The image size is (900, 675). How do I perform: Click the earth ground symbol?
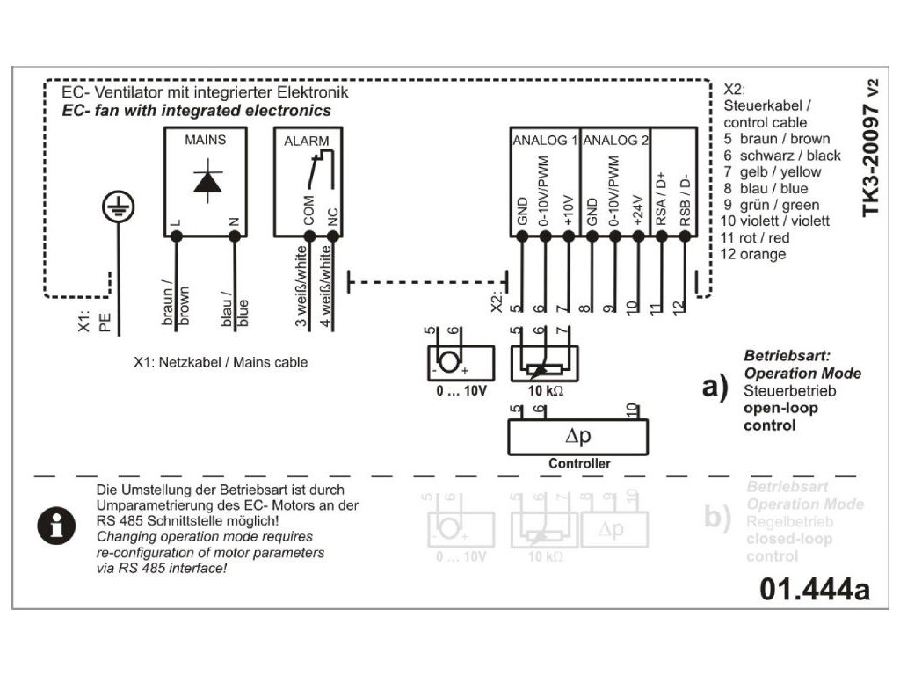[x=114, y=207]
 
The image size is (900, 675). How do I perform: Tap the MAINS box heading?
[x=205, y=140]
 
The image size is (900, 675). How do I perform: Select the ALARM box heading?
[x=307, y=140]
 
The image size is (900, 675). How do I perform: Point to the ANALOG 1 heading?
[x=544, y=140]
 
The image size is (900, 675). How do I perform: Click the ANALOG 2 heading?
[x=615, y=140]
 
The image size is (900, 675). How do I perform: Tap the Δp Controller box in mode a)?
[x=577, y=436]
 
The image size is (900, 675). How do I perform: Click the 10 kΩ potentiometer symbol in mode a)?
[x=544, y=362]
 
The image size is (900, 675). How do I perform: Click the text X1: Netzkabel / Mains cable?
[x=221, y=362]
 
